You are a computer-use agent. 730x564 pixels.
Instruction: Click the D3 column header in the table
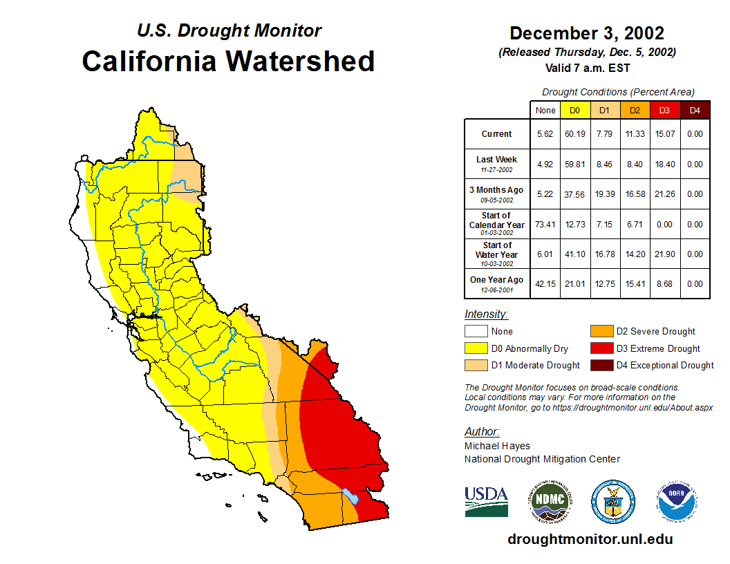(x=665, y=111)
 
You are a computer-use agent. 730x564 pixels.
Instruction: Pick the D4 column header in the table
(x=695, y=111)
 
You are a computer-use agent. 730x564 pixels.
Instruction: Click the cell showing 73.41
(x=545, y=225)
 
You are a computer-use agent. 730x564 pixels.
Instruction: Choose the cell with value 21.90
(x=665, y=254)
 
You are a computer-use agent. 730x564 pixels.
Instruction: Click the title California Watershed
(x=228, y=61)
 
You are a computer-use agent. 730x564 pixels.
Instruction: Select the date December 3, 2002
(x=587, y=33)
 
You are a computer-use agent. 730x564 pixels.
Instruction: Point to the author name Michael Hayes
(x=497, y=446)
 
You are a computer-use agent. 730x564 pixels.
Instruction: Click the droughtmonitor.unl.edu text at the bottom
(x=590, y=539)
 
